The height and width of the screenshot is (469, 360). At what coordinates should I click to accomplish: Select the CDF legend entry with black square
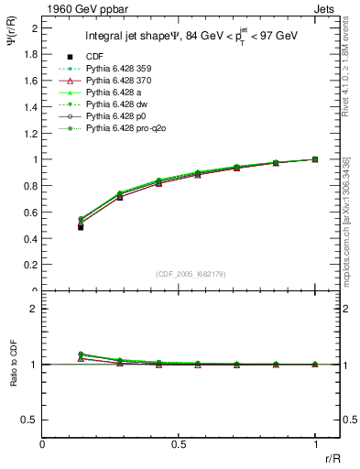(x=95, y=56)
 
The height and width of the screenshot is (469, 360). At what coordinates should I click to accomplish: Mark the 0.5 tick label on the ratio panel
(x=32, y=420)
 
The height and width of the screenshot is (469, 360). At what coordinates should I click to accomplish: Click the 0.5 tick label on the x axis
(x=179, y=443)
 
